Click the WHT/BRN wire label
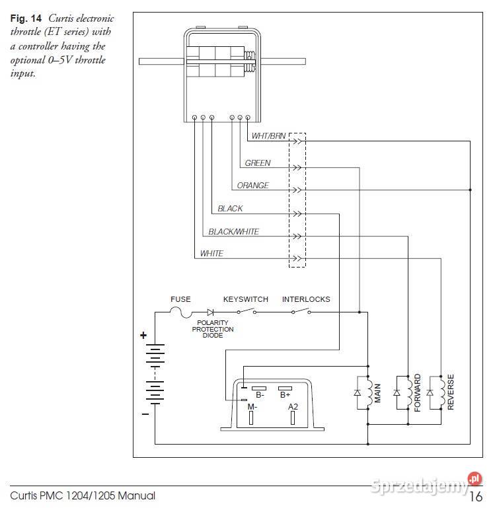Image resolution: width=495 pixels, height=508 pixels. (x=268, y=137)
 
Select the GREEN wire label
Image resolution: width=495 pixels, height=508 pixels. (x=257, y=163)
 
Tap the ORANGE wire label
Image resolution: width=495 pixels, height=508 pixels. (x=252, y=186)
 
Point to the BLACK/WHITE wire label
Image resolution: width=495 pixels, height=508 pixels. (x=233, y=232)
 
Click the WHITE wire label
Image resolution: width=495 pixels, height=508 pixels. (x=211, y=254)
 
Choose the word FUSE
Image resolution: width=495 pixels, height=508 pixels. (x=180, y=299)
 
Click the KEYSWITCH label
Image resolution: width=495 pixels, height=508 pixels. (x=245, y=299)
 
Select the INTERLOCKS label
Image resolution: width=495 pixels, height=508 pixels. (x=305, y=299)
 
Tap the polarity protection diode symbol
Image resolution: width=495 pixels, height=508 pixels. (x=211, y=312)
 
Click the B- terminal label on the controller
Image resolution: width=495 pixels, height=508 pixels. (x=260, y=395)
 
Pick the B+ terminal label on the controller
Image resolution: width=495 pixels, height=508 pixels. (x=286, y=395)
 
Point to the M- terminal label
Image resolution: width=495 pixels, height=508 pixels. (x=252, y=407)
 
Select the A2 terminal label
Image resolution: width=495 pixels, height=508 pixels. (x=293, y=407)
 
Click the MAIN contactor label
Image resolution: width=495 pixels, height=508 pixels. (x=377, y=394)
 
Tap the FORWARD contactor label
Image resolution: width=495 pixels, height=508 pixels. (x=417, y=393)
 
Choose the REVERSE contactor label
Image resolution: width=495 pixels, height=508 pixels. (x=451, y=392)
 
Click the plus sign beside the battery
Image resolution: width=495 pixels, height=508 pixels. (x=143, y=336)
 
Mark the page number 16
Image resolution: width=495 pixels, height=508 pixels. (x=476, y=496)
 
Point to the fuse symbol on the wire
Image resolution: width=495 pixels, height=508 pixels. (x=181, y=312)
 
